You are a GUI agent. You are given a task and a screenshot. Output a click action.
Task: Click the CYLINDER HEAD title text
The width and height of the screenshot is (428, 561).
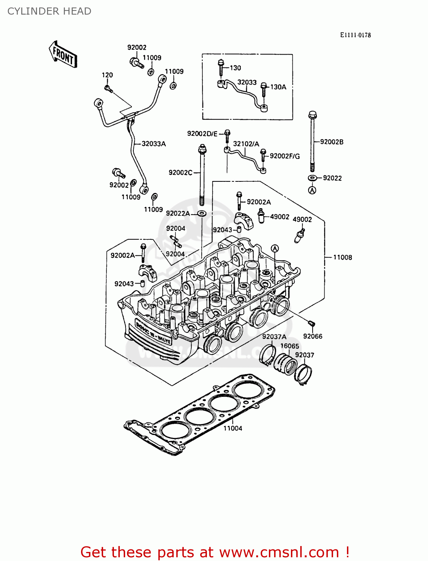[x=49, y=11]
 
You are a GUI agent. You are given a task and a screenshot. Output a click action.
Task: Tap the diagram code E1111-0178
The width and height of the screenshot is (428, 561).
[x=355, y=35]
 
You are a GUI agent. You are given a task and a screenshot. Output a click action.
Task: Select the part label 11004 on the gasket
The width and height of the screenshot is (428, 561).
[x=233, y=428]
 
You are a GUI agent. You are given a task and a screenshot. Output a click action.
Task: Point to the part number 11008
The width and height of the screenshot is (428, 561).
[x=342, y=257]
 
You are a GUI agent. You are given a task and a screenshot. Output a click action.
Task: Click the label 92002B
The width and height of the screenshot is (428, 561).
[x=332, y=142]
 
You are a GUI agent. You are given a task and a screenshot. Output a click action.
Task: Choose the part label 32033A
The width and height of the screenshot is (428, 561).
[x=153, y=144]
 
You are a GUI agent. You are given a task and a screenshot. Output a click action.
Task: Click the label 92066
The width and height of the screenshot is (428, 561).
[x=313, y=336]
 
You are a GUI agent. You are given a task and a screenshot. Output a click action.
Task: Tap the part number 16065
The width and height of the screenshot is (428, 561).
[x=289, y=346]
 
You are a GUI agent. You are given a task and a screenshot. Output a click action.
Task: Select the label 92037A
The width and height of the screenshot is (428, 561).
[x=274, y=337]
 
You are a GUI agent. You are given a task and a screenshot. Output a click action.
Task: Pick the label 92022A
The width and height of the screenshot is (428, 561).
[x=178, y=213]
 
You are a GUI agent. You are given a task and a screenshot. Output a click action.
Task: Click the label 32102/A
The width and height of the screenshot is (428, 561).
[x=246, y=144]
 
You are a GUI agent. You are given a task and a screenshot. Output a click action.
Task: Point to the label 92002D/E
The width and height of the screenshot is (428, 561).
[x=202, y=134]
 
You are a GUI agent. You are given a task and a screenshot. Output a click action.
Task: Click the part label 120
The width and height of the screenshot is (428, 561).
[x=107, y=75]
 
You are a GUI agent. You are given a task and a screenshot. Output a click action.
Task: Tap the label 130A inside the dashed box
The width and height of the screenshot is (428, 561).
[x=278, y=87]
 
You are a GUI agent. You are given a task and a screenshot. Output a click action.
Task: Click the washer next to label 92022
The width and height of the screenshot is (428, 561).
[x=313, y=178]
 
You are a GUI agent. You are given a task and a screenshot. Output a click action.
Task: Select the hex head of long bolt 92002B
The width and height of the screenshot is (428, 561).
[x=313, y=114]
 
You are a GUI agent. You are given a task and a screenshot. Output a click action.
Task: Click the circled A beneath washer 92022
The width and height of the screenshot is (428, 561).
[x=312, y=190]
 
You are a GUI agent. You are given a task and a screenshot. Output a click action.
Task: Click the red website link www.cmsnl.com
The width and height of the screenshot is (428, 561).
[x=279, y=552]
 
